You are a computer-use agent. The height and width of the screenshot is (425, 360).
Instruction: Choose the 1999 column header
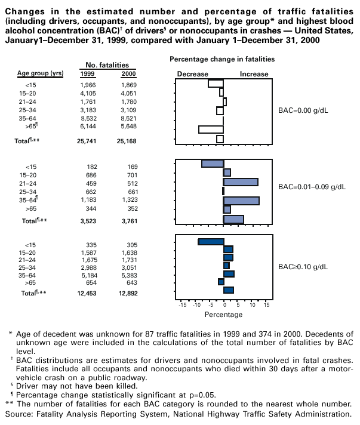(x=87, y=73)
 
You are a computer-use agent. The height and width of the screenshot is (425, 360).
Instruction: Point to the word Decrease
(x=193, y=73)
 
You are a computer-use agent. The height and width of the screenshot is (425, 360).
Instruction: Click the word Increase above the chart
(x=254, y=73)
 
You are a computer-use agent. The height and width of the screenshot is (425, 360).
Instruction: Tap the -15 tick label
(x=183, y=304)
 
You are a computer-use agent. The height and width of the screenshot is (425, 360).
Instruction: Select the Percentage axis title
(x=223, y=314)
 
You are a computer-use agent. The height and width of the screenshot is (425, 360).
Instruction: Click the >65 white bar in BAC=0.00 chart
(x=211, y=129)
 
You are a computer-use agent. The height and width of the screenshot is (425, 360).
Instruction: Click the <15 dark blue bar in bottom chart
(x=211, y=242)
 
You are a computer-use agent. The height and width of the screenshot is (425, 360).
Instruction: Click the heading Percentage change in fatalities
(x=222, y=59)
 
